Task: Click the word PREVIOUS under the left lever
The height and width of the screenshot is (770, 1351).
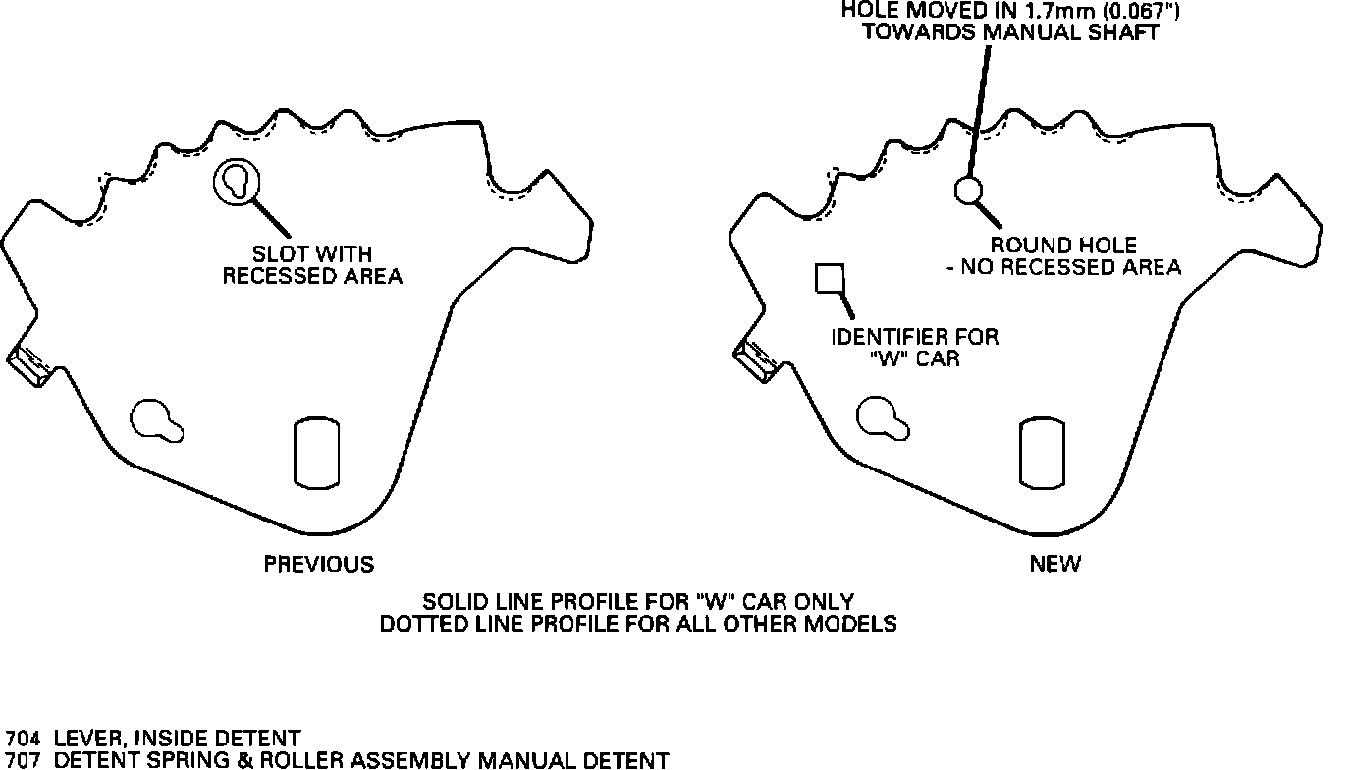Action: click(x=319, y=564)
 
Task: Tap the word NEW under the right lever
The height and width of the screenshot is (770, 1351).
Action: click(x=1055, y=564)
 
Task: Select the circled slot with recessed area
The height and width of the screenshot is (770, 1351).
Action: click(x=237, y=182)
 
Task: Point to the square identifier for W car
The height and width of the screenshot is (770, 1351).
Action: click(x=831, y=279)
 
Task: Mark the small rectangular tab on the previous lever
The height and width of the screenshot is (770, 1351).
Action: click(x=27, y=364)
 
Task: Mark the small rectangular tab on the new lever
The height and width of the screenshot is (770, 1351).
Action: click(x=755, y=360)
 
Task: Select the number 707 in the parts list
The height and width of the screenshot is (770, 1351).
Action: click(x=24, y=760)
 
